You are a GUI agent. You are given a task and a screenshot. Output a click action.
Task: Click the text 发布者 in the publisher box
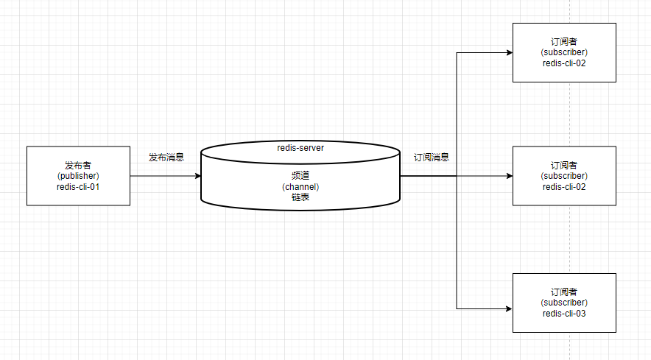[x=78, y=165]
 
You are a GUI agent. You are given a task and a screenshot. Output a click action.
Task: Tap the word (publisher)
[x=78, y=176]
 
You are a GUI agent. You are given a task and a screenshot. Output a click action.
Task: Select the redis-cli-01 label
[x=78, y=187]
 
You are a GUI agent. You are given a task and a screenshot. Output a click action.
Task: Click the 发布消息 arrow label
[x=166, y=158]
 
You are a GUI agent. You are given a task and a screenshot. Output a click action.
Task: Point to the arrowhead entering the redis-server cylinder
[x=197, y=176]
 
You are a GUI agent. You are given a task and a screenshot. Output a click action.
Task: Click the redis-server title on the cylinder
[x=300, y=148]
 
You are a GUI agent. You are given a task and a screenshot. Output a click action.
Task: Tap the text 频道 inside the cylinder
[x=300, y=176]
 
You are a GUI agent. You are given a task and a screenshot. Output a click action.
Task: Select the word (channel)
[x=300, y=187]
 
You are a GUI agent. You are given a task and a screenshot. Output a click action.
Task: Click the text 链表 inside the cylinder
[x=300, y=197]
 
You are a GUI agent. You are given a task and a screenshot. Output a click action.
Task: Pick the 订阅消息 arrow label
[x=432, y=158]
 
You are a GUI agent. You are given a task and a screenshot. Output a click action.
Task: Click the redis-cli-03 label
[x=564, y=314]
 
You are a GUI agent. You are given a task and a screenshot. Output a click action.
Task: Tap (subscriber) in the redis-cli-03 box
[x=564, y=303]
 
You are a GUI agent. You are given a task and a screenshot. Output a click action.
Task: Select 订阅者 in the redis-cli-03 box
[x=564, y=292]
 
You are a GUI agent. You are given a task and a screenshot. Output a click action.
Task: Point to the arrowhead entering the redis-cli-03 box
[x=507, y=308]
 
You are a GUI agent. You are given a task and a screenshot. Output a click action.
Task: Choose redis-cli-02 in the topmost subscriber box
[x=564, y=63]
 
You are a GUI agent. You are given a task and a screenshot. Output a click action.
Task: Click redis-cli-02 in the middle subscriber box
[x=564, y=187]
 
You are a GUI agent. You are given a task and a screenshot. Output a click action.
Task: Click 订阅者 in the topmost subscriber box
[x=564, y=41]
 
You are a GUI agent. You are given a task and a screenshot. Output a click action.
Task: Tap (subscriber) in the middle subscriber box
[x=564, y=176]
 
